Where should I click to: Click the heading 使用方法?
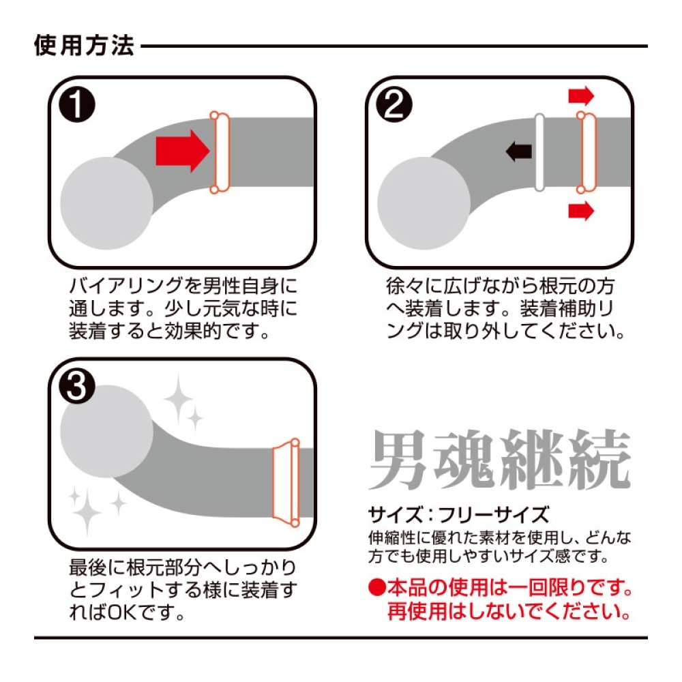[84, 46]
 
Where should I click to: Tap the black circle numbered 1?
[77, 104]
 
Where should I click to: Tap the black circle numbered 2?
[394, 104]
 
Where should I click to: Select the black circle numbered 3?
[77, 386]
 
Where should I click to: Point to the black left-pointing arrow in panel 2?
[519, 151]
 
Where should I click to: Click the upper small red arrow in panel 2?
[581, 95]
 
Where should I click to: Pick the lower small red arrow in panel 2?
[581, 211]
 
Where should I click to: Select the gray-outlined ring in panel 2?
[539, 152]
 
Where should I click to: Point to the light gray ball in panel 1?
[106, 203]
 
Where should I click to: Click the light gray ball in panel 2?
[424, 203]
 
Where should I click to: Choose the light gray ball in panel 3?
[106, 432]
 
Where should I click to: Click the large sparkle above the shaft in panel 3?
[178, 398]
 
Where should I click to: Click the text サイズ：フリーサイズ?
[459, 515]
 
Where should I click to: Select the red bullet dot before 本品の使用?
[377, 588]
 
